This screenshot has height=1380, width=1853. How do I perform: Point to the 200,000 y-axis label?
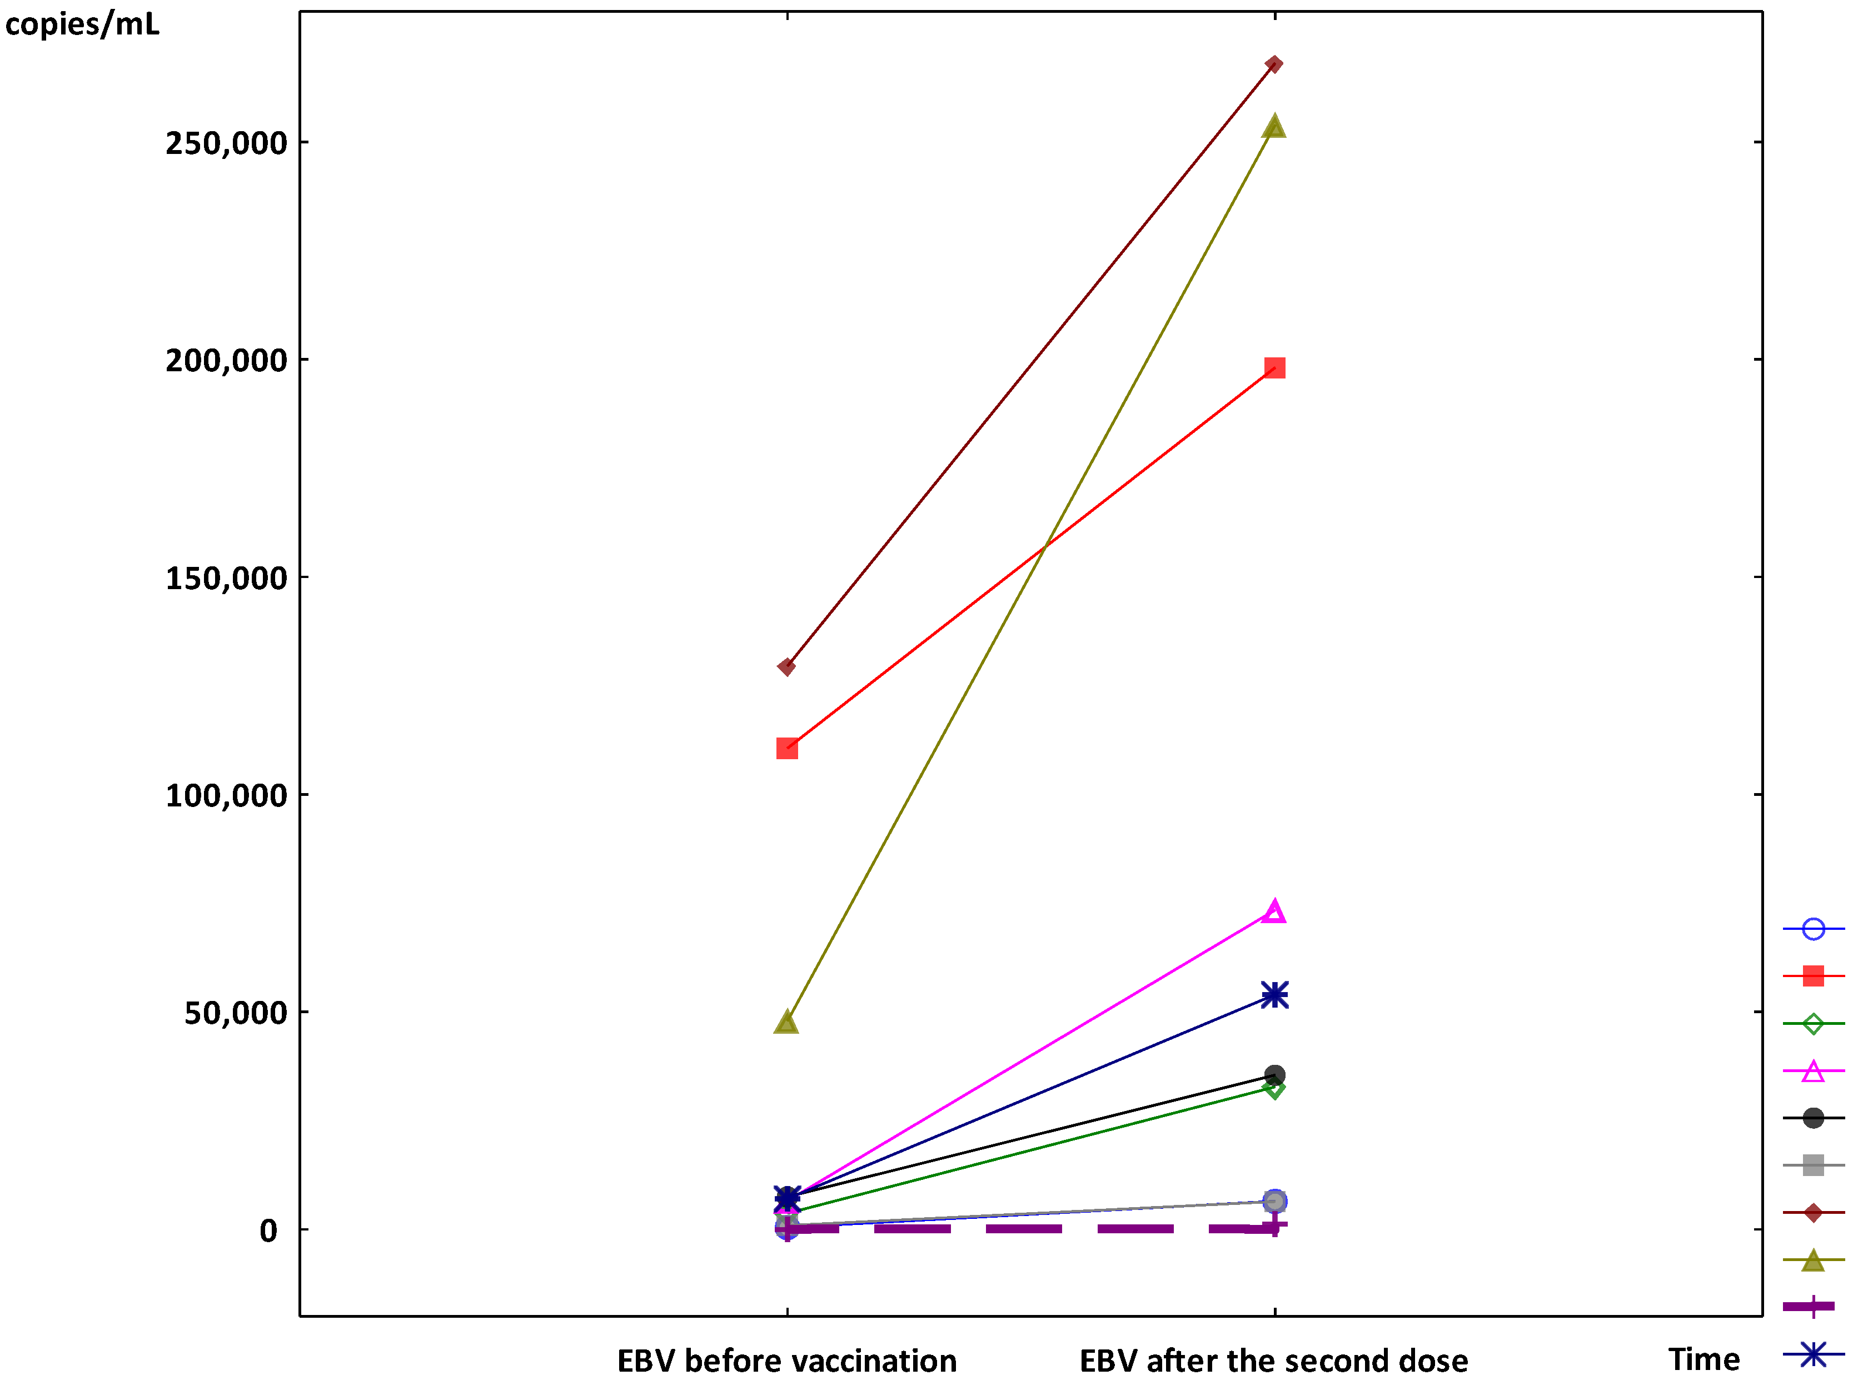point(226,361)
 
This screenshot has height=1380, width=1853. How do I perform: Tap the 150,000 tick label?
point(226,578)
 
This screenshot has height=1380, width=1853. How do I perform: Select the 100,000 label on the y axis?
point(226,795)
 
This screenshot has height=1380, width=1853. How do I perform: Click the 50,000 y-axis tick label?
point(236,1013)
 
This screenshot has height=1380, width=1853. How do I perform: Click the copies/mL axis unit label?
point(82,24)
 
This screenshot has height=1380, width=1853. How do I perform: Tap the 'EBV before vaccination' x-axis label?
point(786,1361)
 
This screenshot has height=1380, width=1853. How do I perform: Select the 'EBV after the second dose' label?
point(1273,1361)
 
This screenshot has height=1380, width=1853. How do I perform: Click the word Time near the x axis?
point(1703,1359)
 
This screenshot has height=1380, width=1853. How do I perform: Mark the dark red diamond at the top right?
point(1273,64)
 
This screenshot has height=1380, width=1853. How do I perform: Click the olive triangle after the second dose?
point(1273,127)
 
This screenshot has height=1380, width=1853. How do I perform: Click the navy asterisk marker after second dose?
point(1274,995)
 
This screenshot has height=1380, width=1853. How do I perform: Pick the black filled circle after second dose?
point(1274,1075)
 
